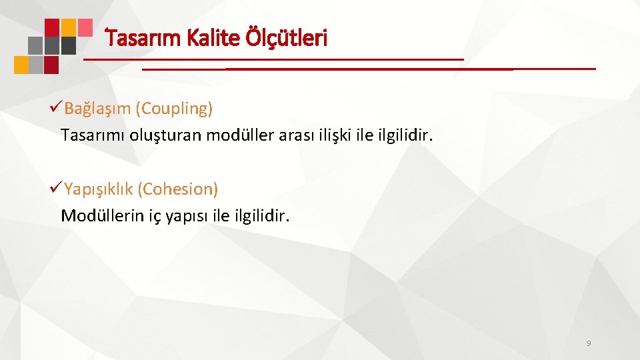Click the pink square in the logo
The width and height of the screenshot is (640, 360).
[x=85, y=27]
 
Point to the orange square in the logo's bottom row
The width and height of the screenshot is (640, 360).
[x=21, y=65]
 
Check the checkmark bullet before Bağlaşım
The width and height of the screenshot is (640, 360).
[x=56, y=108]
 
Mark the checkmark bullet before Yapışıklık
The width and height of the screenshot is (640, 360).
[x=56, y=189]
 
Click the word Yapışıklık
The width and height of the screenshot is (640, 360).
[x=99, y=189]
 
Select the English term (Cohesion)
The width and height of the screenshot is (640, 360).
[x=177, y=189]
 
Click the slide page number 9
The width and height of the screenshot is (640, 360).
[x=588, y=343]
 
